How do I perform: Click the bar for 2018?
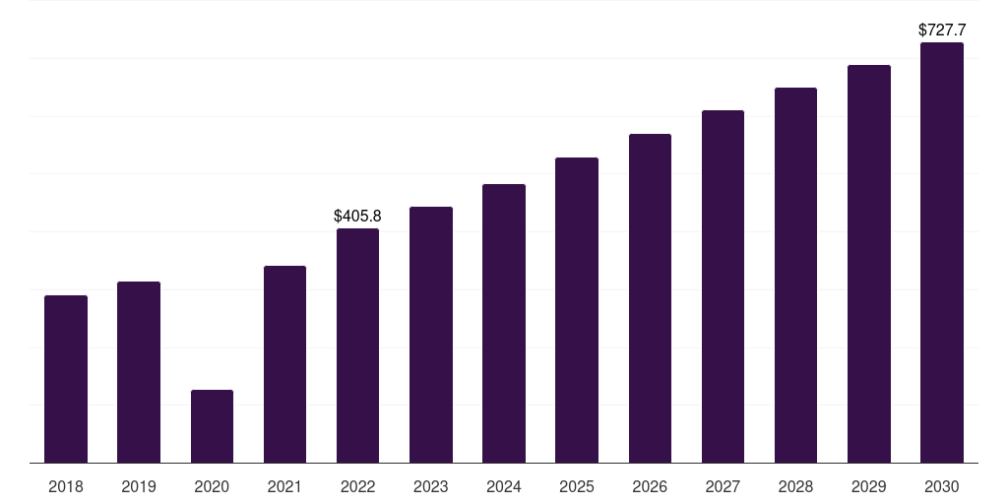click(66, 379)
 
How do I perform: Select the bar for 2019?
click(139, 372)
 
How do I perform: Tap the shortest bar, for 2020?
click(213, 426)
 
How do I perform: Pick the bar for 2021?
click(284, 364)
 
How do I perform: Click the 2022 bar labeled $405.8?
click(357, 346)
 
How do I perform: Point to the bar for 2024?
click(504, 323)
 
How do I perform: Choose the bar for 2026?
click(650, 298)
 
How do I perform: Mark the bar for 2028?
click(795, 276)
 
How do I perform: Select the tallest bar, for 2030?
click(942, 253)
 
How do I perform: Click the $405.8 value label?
click(357, 216)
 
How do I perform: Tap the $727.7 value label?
click(942, 31)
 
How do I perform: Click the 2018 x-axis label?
click(66, 486)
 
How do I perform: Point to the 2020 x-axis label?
click(212, 486)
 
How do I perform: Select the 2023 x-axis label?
click(431, 486)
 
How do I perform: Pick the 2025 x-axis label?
click(577, 486)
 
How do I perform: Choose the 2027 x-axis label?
click(723, 486)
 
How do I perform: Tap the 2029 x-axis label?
click(868, 486)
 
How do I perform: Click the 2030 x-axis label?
click(942, 486)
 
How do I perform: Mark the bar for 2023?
click(431, 335)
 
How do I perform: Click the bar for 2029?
click(869, 264)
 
